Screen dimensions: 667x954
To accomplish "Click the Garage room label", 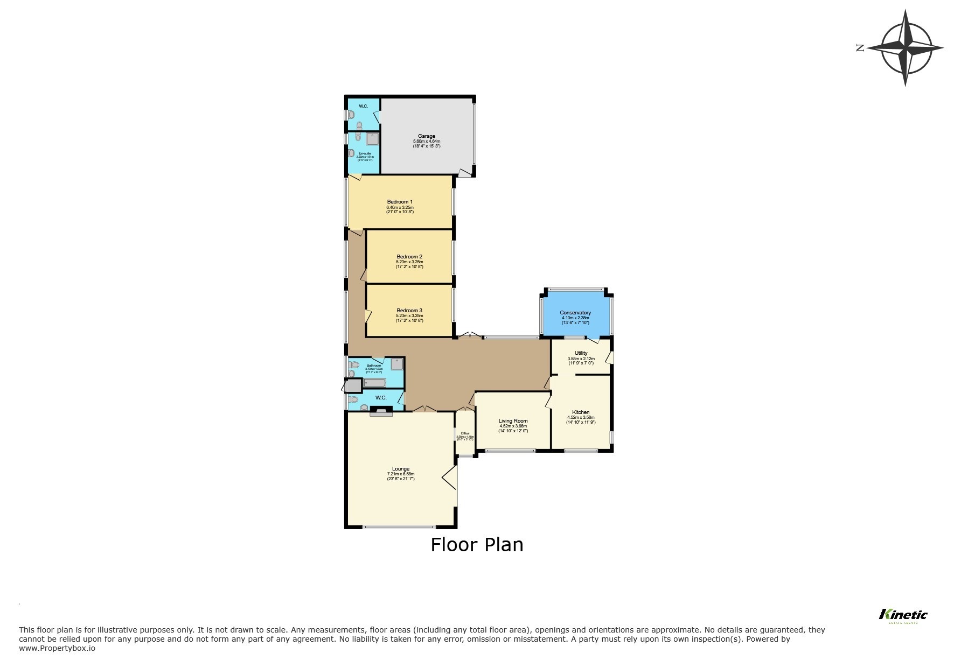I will point(426,136).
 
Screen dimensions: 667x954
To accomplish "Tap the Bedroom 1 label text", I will point(400,202).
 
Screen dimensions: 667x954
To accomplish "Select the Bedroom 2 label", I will point(409,256).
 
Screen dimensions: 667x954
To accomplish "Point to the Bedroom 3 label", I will point(409,310).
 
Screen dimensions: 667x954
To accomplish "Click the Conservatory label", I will point(575,313).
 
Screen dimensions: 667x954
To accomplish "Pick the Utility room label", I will point(581,353).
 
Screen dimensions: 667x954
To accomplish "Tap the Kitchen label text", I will point(581,412).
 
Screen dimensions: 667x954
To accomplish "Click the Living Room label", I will point(513,421).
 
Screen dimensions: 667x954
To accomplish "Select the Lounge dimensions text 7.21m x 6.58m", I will point(401,474).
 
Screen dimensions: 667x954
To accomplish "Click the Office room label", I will point(464,433).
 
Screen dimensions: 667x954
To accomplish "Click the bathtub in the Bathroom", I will point(374,383).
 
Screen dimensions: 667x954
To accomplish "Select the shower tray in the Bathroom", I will point(397,364).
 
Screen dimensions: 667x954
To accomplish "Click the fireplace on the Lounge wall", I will point(381,413).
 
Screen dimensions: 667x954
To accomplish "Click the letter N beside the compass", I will point(860,48).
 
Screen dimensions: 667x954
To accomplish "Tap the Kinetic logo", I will point(903,614).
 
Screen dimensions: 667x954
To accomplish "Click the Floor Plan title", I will point(477,545).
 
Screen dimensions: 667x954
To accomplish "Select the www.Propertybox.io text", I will point(57,649).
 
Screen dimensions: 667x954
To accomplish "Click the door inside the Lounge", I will point(450,478).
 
